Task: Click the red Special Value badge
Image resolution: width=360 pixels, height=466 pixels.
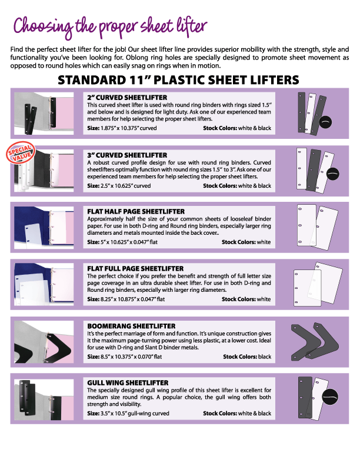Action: coord(21,152)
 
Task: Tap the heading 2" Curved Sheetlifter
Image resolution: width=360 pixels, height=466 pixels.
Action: coord(127,98)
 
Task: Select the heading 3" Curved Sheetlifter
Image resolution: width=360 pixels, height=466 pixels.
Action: coord(127,155)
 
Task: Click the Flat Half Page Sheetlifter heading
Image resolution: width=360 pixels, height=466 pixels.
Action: coord(136,212)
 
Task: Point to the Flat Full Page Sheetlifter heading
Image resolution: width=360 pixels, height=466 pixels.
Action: coord(135,269)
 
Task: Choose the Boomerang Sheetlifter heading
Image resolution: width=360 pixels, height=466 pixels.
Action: coord(131,326)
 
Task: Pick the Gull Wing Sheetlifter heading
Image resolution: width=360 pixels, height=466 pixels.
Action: coord(128,383)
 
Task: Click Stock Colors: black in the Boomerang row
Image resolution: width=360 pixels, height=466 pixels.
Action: coord(247,357)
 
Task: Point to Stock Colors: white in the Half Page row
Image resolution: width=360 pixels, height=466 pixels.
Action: coord(246,242)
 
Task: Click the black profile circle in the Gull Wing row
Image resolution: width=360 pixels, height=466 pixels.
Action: coord(330,397)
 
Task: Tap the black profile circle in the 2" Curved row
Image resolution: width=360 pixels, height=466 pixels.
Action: coord(325,122)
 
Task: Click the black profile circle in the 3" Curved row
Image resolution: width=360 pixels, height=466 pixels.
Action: coord(333,174)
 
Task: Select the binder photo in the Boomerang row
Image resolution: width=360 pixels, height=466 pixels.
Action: coord(44,342)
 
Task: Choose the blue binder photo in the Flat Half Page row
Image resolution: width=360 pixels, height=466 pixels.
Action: coord(44,227)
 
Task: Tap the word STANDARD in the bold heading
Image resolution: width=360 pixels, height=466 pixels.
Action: coord(92,80)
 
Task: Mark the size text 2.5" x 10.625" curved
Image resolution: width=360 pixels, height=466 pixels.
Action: coord(119,186)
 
